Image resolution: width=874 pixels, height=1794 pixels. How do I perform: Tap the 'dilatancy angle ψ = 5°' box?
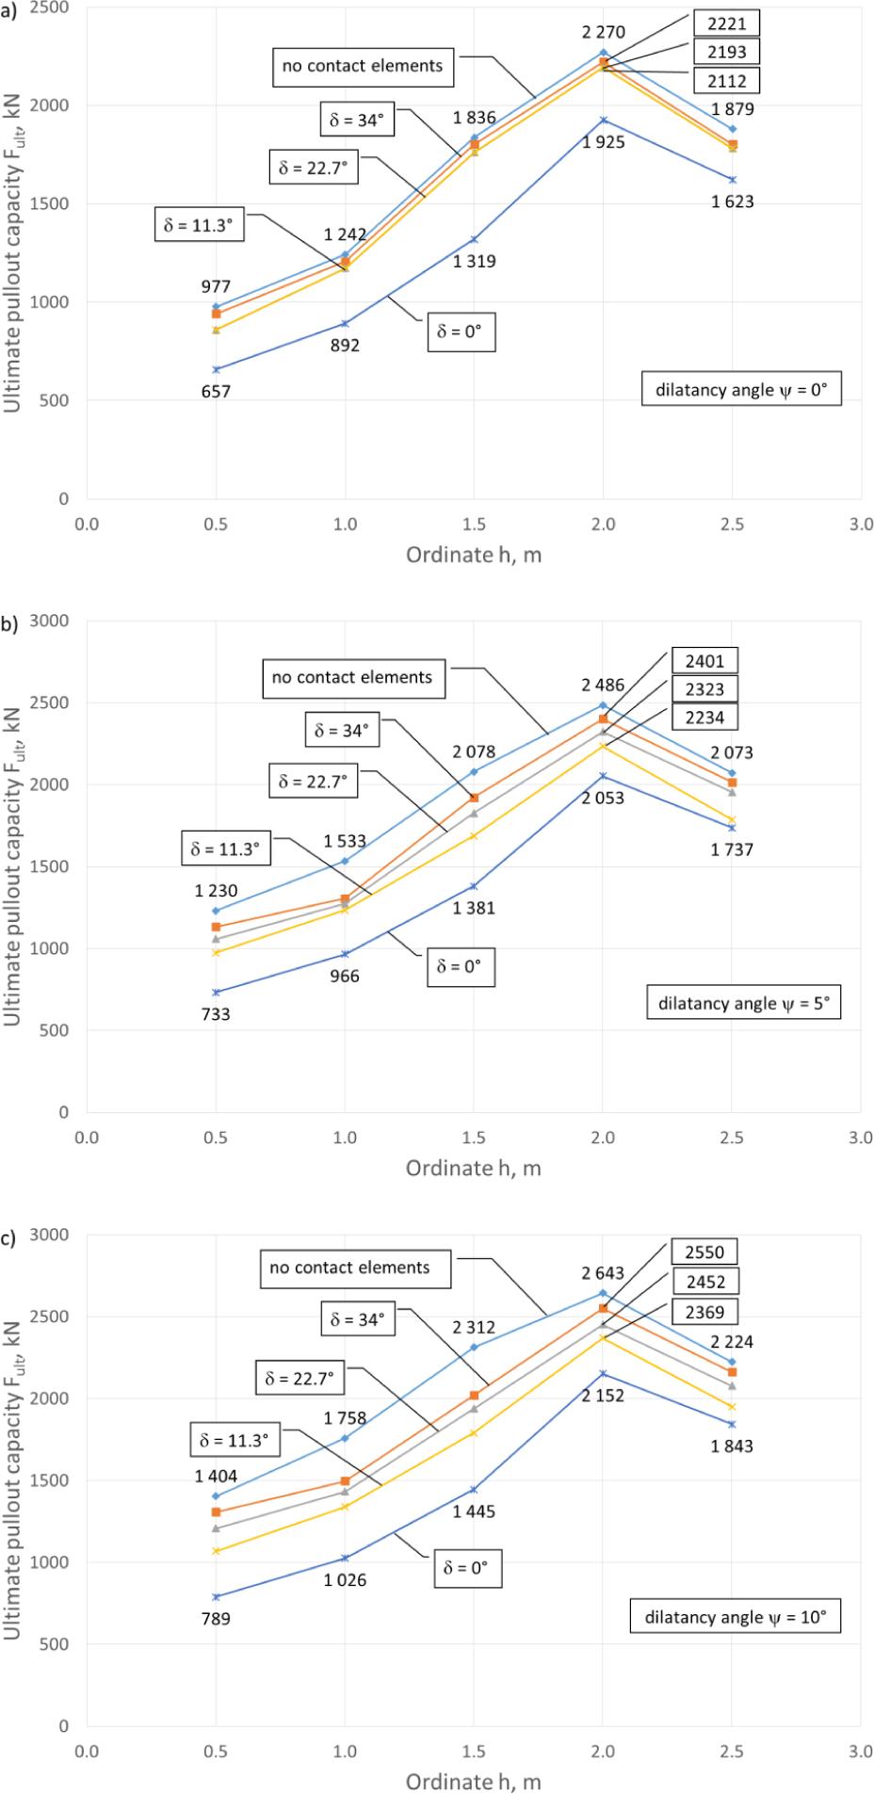744,1003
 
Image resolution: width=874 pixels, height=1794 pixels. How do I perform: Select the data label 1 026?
345,1580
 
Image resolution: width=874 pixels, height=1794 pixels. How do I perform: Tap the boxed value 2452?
704,1282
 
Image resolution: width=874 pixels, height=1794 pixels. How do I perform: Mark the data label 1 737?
732,850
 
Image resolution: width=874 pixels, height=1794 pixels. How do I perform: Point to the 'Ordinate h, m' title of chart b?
474,1169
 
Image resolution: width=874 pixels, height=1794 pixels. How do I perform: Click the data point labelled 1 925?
603,120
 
